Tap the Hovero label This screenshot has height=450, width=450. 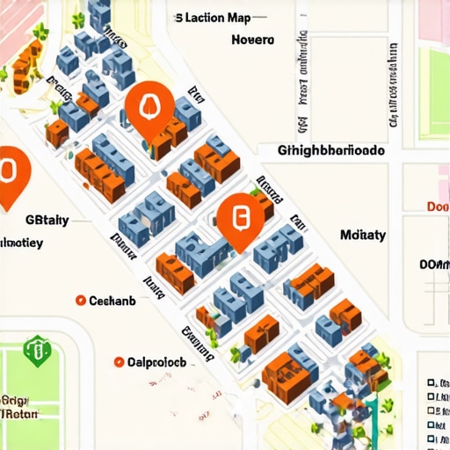click(253, 40)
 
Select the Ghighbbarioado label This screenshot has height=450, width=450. click(331, 150)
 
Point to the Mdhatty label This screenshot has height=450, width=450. click(363, 235)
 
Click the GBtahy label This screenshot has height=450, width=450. click(47, 220)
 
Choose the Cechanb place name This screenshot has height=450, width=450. click(112, 301)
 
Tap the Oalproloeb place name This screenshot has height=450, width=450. click(156, 361)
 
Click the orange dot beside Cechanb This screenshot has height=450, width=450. click(81, 301)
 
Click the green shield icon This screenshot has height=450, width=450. click(37, 352)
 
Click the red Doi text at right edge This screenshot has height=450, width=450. click(438, 207)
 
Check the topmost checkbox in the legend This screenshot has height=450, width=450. click(430, 384)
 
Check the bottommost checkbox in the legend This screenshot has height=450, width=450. click(430, 439)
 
